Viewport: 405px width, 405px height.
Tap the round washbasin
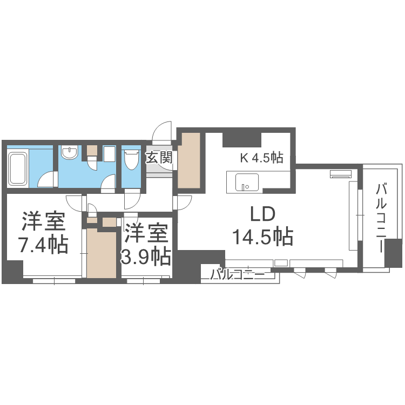69,153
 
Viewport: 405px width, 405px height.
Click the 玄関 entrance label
159,158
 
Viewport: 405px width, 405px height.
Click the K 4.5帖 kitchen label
261,158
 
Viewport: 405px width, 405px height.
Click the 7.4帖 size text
43,245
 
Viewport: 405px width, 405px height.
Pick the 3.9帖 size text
145,256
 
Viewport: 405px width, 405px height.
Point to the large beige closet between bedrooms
102,253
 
